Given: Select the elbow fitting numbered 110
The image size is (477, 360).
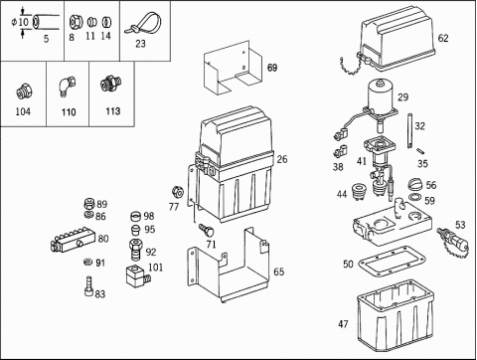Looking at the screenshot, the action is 68,86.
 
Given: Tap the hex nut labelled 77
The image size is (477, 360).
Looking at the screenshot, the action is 178,192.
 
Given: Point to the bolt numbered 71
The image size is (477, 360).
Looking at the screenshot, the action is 207,229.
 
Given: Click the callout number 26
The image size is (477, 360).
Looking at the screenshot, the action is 282,159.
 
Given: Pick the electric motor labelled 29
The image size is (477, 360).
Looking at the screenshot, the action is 381,99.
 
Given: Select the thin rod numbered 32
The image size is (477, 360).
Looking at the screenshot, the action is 410,130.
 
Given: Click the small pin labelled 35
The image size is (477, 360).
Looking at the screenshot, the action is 421,150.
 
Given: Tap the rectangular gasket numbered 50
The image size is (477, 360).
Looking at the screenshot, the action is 393,261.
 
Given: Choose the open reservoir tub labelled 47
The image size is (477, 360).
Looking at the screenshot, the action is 396,316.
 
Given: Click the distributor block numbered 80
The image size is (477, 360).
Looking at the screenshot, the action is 73,239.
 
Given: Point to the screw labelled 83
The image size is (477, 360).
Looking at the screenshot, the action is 88,286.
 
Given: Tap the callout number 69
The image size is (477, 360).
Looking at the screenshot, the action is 272,68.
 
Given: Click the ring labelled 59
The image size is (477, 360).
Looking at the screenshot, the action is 415,198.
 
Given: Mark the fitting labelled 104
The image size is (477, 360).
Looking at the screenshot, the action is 24,91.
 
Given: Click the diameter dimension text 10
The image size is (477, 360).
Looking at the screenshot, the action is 23,23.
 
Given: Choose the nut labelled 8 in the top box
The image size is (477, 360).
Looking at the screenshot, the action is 76,23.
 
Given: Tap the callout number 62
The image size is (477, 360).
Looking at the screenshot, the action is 443,38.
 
